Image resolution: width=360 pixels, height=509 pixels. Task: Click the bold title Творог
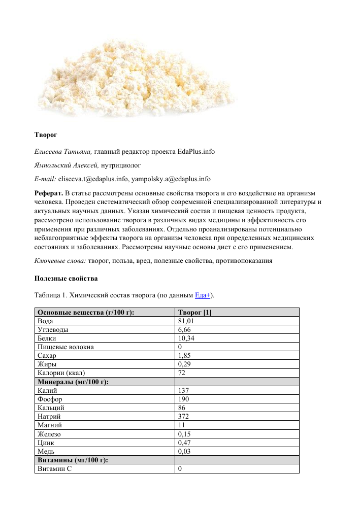(46, 135)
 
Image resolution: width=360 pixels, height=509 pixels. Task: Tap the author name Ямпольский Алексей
(66, 165)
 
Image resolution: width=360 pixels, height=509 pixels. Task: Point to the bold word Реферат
(49, 194)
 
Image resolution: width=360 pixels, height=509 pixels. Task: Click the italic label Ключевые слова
(59, 261)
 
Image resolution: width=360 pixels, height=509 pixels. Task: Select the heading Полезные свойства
(66, 279)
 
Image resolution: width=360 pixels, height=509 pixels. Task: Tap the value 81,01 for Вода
(186, 321)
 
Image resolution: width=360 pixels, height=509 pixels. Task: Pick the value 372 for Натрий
(184, 416)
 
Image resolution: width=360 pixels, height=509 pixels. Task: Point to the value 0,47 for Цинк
(184, 442)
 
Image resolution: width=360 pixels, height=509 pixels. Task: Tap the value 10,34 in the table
(186, 338)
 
